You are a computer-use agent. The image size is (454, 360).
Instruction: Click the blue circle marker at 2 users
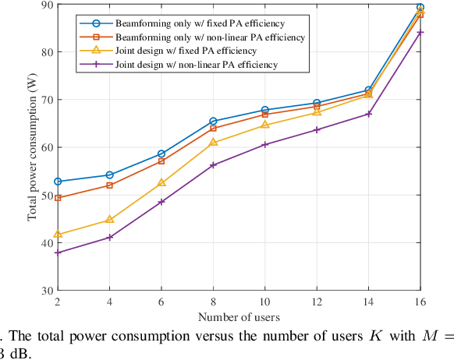click(58, 182)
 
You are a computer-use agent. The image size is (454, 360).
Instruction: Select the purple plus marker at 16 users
click(420, 32)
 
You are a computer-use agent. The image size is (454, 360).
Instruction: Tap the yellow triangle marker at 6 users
click(161, 182)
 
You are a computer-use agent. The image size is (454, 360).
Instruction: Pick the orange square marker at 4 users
click(109, 185)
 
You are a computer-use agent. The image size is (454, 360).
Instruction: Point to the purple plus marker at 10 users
click(265, 145)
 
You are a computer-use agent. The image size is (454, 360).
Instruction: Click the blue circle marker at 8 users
click(213, 122)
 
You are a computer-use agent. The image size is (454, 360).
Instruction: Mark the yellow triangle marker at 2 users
click(58, 234)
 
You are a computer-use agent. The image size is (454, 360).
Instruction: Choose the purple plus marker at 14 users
click(369, 114)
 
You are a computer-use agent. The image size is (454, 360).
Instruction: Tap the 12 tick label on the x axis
click(317, 302)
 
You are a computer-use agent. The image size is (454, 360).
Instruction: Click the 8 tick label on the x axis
click(213, 302)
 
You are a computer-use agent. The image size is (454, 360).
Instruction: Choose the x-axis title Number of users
click(239, 317)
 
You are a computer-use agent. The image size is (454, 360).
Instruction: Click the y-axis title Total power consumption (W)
click(32, 147)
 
